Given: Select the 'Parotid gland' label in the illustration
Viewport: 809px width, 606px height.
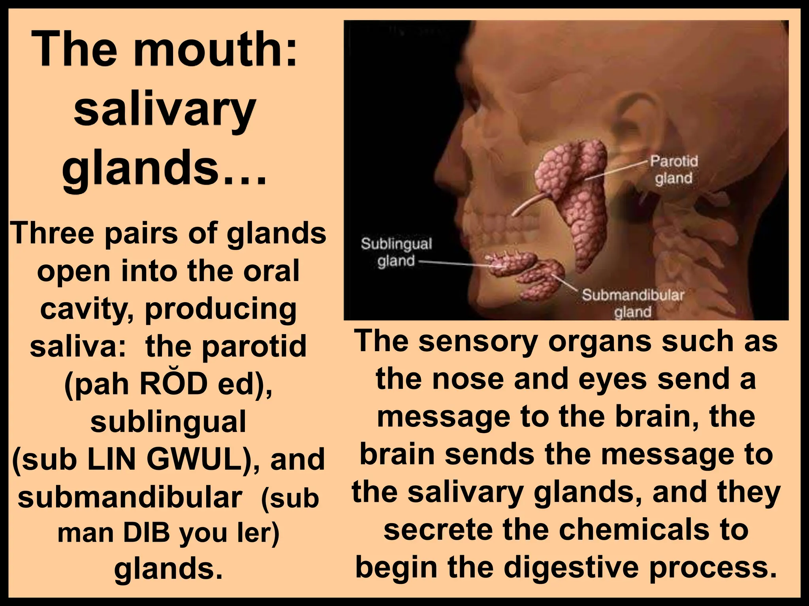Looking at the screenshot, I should coord(674,170).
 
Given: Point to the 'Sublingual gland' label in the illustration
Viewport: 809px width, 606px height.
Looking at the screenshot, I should coord(396,252).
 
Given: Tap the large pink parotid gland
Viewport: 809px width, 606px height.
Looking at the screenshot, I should coord(581,189).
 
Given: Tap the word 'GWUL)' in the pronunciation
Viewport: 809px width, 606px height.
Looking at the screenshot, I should coord(205,459).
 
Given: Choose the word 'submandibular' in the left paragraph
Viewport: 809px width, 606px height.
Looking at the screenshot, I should coord(130,497).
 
